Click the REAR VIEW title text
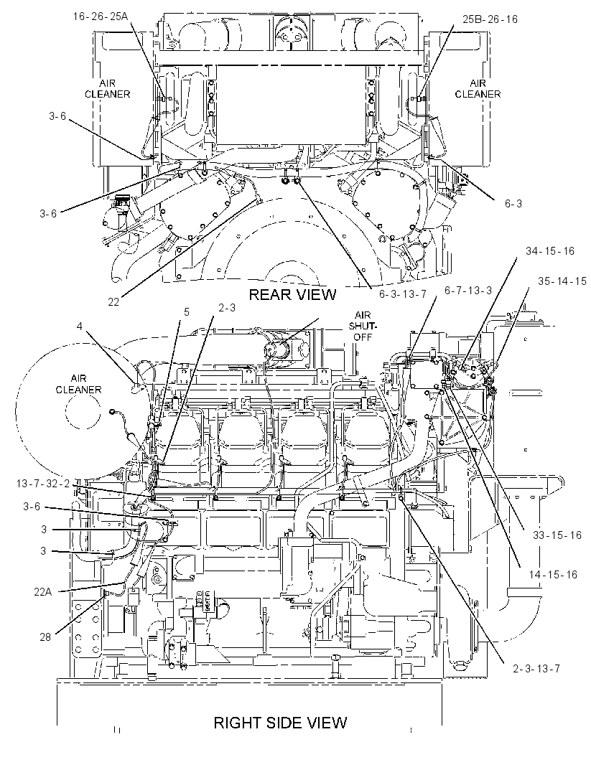pos(292,294)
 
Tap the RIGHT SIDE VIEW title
pos(280,723)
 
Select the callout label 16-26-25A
pos(101,16)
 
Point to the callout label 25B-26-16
pos(490,19)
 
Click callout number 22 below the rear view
pos(113,302)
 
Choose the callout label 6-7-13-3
pos(468,291)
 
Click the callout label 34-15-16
pos(550,250)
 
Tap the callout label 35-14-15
pos(562,281)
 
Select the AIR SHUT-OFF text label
pos(363,326)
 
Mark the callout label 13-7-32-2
pos(43,484)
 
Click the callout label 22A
pos(42,592)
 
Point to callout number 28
pos(45,637)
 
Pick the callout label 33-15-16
pos(557,535)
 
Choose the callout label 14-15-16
pos(553,574)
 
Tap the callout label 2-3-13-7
pos(536,668)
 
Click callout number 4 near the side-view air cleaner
pos(80,326)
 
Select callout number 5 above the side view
pos(187,311)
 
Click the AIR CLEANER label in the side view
pos(78,384)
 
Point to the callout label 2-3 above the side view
pos(227,307)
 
